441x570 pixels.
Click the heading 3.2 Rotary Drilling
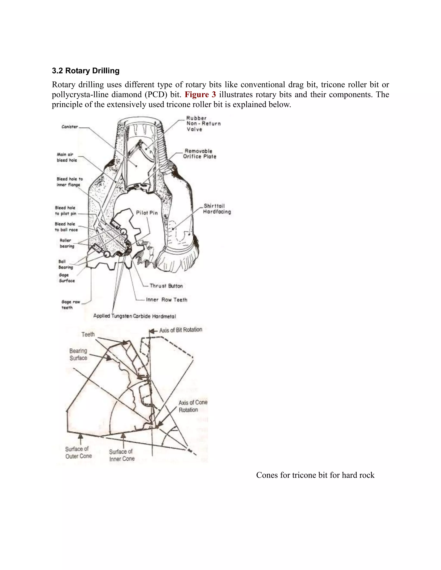coord(86,71)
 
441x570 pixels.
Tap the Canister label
coord(70,127)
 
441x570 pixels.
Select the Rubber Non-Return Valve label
coord(203,124)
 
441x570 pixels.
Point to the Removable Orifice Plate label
coord(199,154)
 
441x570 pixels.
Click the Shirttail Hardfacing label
coord(217,209)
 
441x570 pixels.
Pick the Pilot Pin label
coord(147,213)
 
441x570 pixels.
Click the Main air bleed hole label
coord(67,157)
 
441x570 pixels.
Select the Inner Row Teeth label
coord(166,300)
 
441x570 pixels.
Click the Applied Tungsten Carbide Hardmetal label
coord(135,316)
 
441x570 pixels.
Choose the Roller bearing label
coord(67,243)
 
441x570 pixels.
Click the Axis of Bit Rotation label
coord(180,330)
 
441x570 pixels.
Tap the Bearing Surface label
coord(78,354)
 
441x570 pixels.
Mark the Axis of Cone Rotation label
coord(193,406)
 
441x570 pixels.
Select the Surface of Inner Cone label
coord(121,455)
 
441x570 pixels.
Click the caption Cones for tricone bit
coord(315,475)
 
